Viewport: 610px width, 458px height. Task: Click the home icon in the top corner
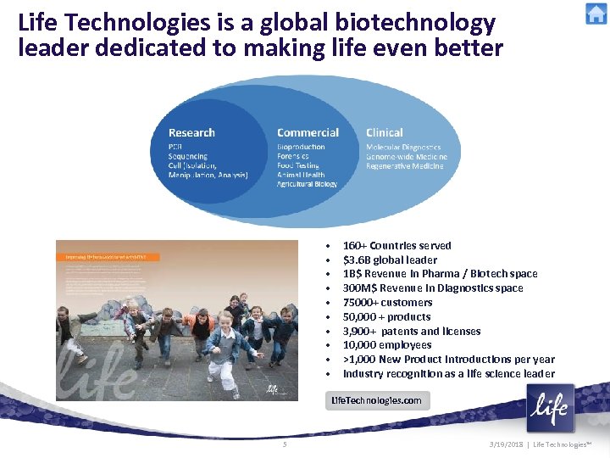coord(596,14)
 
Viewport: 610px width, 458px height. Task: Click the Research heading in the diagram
coord(191,133)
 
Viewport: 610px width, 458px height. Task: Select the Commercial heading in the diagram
coord(308,133)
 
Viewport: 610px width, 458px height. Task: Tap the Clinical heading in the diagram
coord(385,133)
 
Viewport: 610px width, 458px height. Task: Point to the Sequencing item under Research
coord(187,157)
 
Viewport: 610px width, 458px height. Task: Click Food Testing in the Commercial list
coord(301,165)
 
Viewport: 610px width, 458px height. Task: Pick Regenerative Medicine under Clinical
coord(404,166)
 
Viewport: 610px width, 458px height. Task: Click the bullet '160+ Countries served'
coord(396,246)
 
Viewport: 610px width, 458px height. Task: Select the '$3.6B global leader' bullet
coord(390,260)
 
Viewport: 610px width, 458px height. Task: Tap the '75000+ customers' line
coord(387,303)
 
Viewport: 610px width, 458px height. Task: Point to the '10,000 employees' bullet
coord(386,345)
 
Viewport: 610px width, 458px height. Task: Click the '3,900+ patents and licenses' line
coord(411,332)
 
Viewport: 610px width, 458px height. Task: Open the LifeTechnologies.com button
coord(377,400)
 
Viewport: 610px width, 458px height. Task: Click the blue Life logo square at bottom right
coord(550,409)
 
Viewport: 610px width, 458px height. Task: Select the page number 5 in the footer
coord(286,444)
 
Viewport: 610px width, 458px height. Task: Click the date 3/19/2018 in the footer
coord(511,445)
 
